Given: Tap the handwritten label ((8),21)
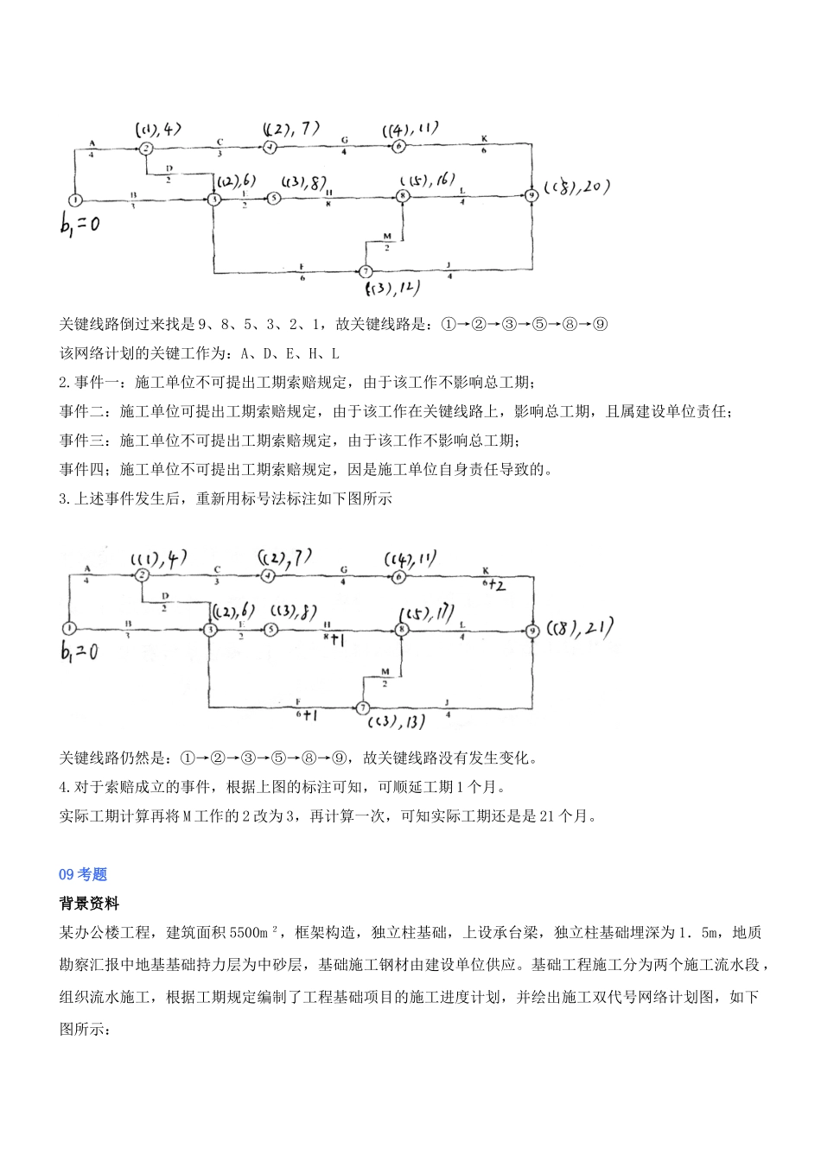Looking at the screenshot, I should click(x=582, y=629).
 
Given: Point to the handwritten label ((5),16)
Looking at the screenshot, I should click(x=428, y=179).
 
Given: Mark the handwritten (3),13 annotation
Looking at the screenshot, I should click(x=396, y=722).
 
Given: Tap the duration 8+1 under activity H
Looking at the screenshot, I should click(x=334, y=640).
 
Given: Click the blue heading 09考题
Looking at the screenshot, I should click(x=83, y=875).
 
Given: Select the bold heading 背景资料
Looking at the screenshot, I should click(x=89, y=904).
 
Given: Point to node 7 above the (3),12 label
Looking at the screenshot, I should click(x=365, y=271).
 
